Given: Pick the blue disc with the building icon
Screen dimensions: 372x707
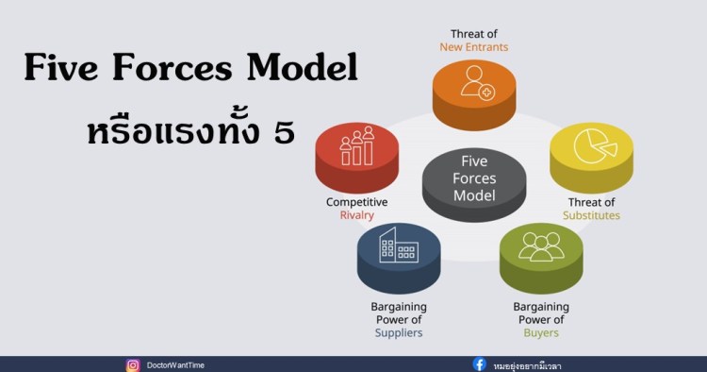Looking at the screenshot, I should (399, 252).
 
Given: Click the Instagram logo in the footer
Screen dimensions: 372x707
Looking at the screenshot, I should (133, 364).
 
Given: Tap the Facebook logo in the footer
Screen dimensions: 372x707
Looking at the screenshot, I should (480, 364).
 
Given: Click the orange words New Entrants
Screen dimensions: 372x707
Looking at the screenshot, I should (474, 46).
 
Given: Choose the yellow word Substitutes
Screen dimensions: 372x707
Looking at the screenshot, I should (591, 215).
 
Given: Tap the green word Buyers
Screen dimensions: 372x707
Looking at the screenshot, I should (541, 332).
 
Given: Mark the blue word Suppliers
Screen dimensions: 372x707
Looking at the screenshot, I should (399, 332).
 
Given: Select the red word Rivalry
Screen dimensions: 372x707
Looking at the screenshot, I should (357, 215).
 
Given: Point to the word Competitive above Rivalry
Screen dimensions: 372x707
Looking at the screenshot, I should (357, 202).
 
